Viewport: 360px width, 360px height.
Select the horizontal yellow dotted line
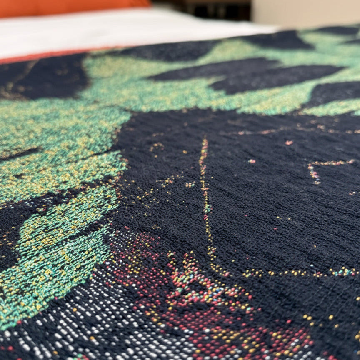292,273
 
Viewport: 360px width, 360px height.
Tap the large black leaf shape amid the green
246,75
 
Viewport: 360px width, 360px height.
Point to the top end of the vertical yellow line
204,142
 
